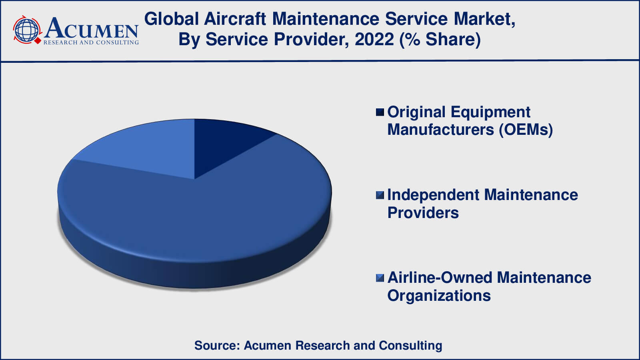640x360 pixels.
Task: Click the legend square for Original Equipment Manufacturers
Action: tap(380, 112)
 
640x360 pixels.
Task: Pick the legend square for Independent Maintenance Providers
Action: tap(380, 195)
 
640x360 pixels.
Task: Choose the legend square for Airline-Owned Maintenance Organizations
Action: tap(380, 278)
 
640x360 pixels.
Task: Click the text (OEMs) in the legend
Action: tap(526, 130)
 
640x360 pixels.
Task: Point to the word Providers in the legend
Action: tap(423, 213)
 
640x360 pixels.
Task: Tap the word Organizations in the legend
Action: tap(439, 296)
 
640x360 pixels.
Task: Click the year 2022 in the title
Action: tap(374, 39)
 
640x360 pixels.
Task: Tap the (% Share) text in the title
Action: tap(440, 40)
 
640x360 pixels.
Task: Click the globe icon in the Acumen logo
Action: tap(26, 30)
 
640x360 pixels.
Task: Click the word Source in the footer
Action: tap(217, 346)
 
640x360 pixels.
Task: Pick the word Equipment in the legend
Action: tap(490, 112)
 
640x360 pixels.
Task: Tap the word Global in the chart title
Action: tap(171, 19)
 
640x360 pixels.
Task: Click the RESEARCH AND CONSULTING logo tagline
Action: tap(91, 42)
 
